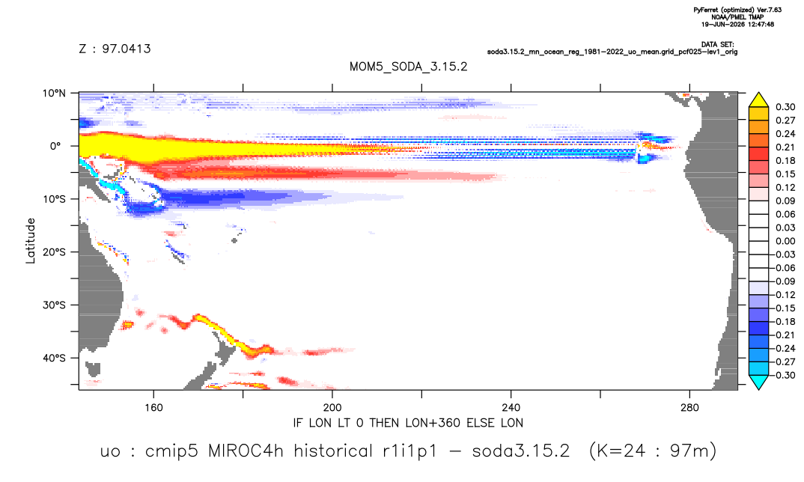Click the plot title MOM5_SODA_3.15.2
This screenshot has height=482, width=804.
pos(408,67)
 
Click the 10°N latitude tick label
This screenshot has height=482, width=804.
pos(55,94)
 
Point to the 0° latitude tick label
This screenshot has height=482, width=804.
pos(55,146)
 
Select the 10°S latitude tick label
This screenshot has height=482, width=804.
pos(55,199)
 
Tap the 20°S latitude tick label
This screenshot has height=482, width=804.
pos(55,252)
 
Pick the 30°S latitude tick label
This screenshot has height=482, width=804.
pos(55,305)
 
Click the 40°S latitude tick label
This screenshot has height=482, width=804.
pos(55,358)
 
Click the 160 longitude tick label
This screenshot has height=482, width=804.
pos(153,408)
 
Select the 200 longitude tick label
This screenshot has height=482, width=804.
pos(332,408)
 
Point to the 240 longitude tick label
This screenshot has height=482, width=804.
pos(511,408)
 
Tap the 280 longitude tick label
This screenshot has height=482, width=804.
pos(689,408)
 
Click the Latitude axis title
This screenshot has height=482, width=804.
pos(31,241)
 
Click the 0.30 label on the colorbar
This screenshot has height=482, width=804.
pos(785,107)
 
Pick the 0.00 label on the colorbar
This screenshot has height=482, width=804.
pos(785,241)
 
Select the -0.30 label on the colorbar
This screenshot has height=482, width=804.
pos(784,375)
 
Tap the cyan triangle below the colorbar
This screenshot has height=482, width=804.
pos(758,381)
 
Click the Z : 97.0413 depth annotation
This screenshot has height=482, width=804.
pos(115,49)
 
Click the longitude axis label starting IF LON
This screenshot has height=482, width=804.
pos(408,423)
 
